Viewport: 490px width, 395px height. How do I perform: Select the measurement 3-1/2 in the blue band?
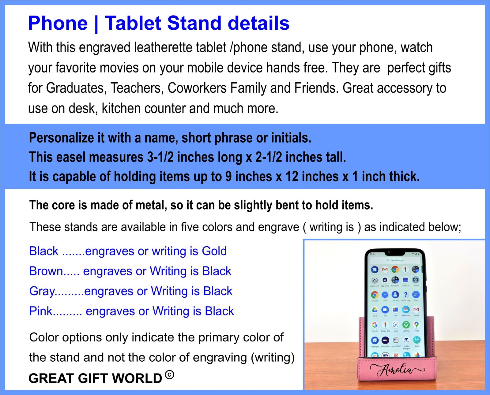click(x=160, y=157)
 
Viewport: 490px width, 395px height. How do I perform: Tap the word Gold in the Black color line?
click(x=214, y=251)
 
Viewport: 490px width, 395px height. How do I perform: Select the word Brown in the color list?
click(x=46, y=271)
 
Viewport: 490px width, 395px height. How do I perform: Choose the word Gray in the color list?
click(x=42, y=291)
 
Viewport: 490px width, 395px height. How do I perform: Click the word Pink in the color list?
click(x=41, y=311)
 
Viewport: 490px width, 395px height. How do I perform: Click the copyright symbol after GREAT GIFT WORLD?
click(x=169, y=375)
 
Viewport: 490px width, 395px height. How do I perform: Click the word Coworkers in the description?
click(x=197, y=88)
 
